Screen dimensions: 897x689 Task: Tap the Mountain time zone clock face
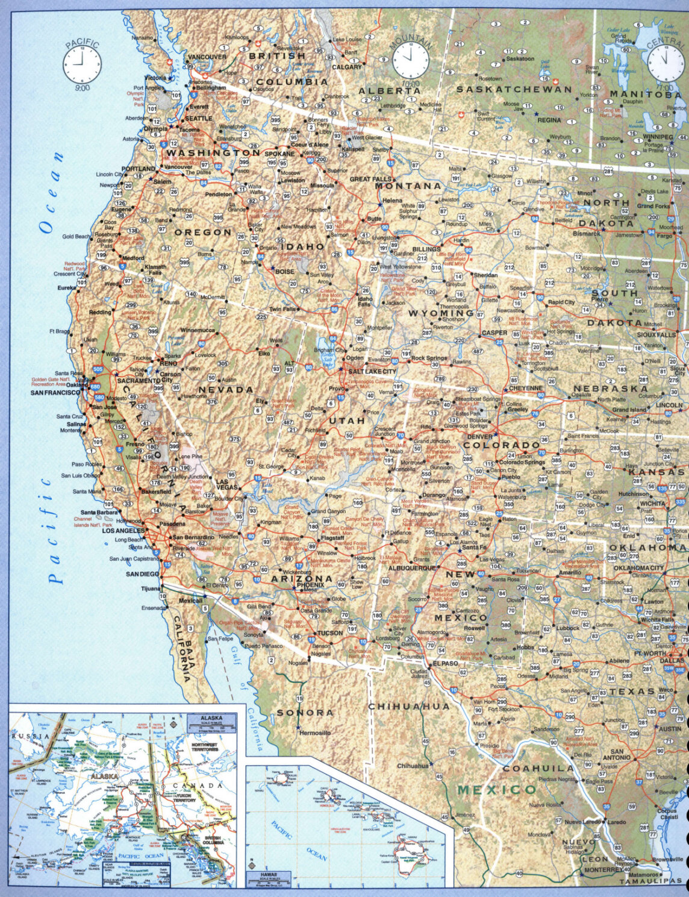point(411,60)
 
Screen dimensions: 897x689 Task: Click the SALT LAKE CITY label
point(372,372)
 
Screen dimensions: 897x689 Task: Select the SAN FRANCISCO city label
point(55,393)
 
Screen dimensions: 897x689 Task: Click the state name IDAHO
point(302,246)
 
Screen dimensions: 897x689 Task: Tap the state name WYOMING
point(441,313)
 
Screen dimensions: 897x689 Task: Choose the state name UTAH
point(347,420)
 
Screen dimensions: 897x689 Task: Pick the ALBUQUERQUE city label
point(412,568)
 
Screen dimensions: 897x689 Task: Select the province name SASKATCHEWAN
point(514,89)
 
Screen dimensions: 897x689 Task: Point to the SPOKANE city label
point(280,154)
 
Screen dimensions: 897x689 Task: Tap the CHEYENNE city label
point(526,389)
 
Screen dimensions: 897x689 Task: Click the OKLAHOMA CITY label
point(638,568)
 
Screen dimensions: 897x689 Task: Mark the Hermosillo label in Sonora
point(315,733)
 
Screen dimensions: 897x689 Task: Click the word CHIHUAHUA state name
point(409,707)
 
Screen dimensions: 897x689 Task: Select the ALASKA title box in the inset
point(211,718)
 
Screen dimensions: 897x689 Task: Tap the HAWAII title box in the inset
point(269,875)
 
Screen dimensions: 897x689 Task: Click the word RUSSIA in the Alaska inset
point(30,737)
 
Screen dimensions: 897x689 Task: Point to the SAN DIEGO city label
point(143,574)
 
